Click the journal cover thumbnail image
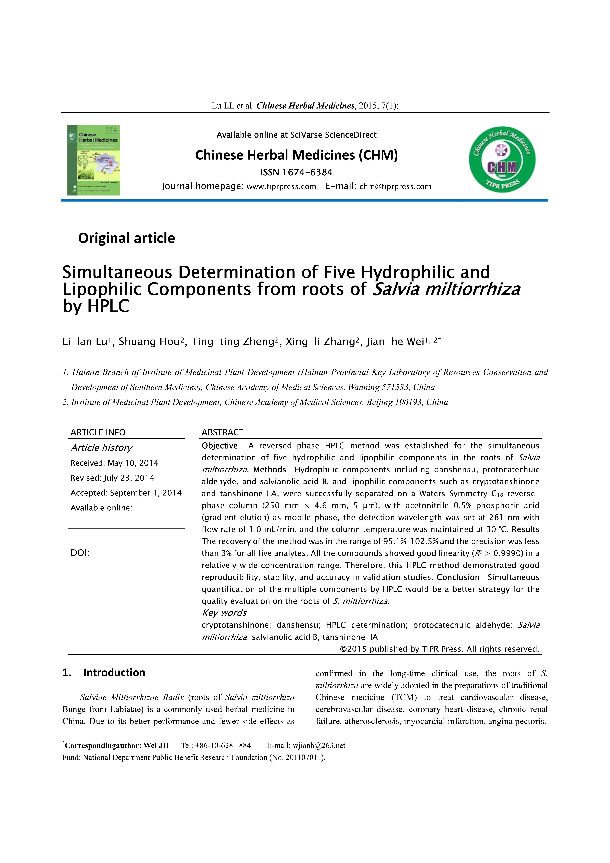pos(94,160)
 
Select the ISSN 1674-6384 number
pos(307,172)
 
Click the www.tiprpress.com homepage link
pos(281,187)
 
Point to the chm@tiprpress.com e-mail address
pos(395,187)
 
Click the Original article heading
pos(126,238)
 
